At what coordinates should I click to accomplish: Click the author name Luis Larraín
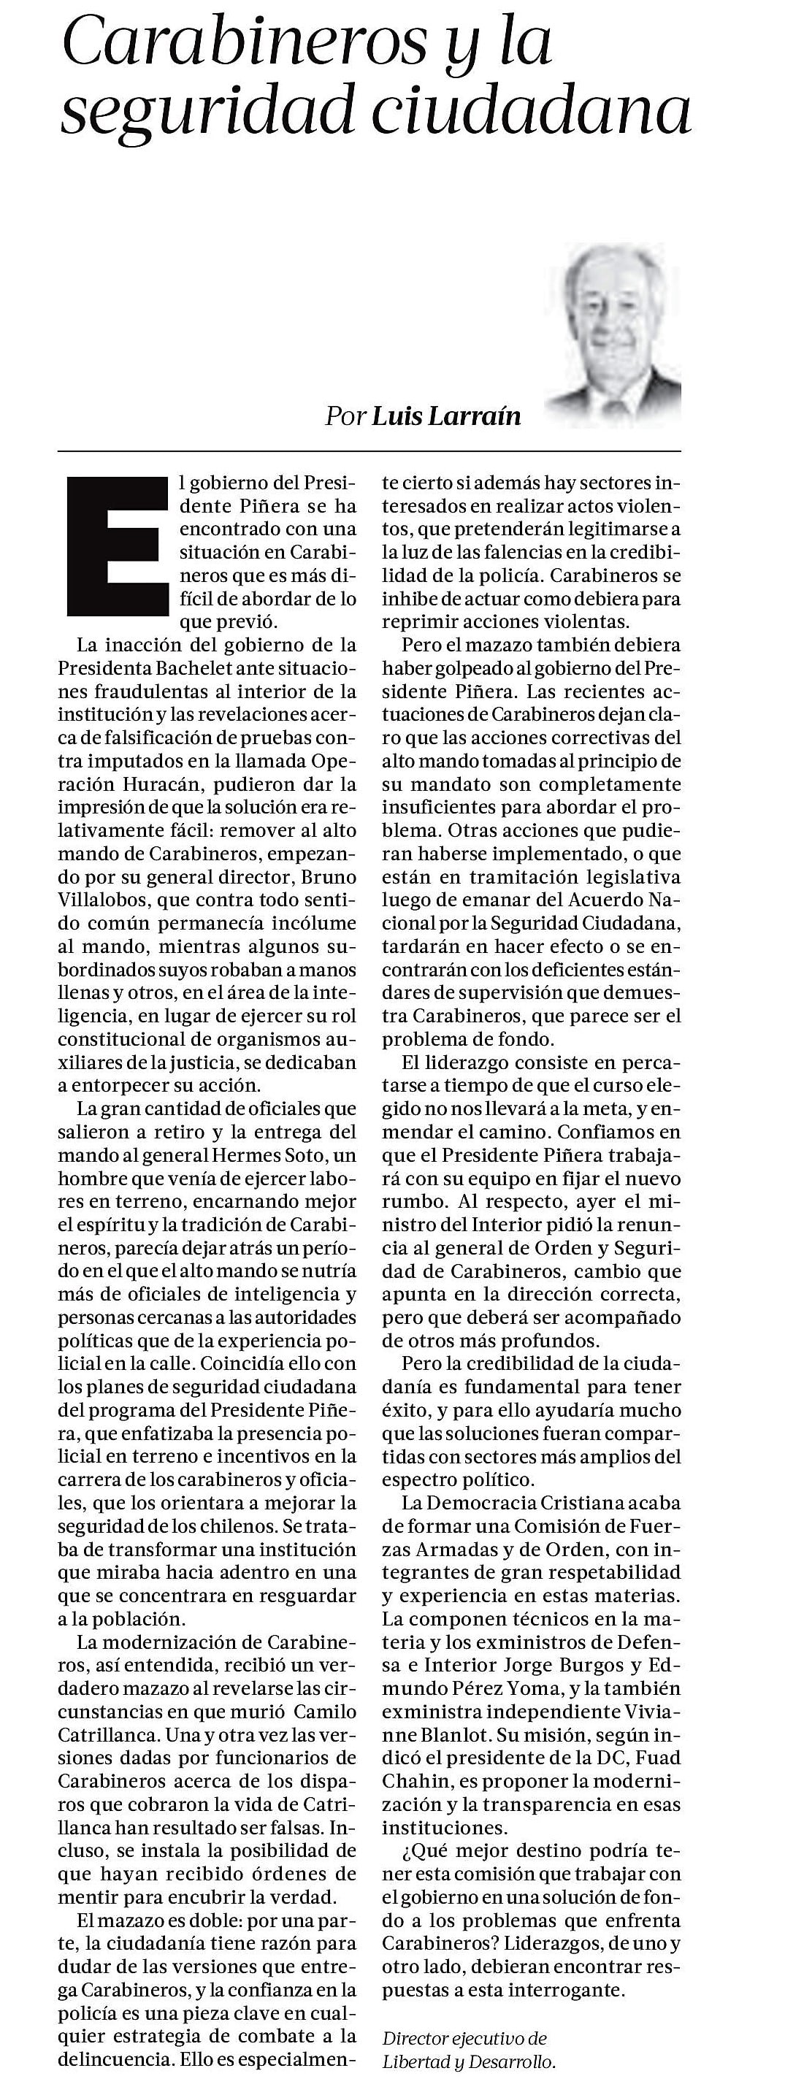tap(445, 416)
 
